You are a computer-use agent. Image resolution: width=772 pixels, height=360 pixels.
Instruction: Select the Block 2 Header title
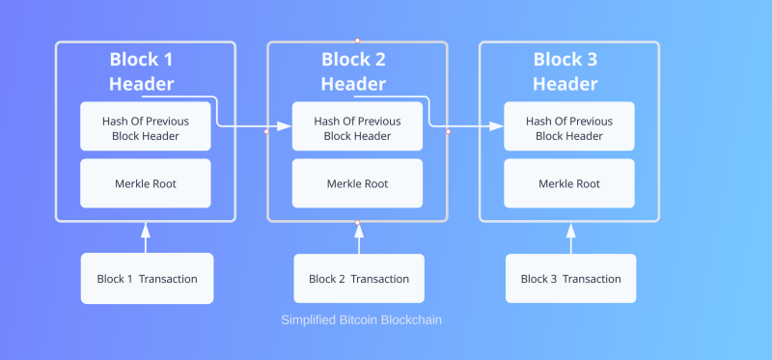click(353, 71)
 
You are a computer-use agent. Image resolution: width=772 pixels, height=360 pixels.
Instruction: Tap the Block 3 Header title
click(565, 71)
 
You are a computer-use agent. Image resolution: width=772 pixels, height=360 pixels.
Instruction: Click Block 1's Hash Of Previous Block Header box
click(145, 128)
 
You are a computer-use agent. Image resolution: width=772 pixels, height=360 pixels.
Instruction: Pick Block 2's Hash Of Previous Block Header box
click(357, 128)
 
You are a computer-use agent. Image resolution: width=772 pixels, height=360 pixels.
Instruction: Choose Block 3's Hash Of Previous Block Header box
click(569, 128)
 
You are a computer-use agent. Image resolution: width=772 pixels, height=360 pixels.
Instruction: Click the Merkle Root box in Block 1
click(145, 183)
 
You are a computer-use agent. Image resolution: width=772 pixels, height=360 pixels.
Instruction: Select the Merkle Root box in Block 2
click(357, 183)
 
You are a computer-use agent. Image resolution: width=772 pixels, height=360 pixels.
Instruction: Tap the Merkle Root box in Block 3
click(569, 183)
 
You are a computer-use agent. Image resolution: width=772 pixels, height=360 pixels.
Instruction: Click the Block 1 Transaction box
click(147, 279)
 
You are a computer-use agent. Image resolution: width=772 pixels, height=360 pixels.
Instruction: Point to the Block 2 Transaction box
click(359, 279)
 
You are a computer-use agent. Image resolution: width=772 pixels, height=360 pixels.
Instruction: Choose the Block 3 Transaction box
click(570, 279)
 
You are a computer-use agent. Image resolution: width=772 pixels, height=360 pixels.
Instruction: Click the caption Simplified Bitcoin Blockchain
click(361, 319)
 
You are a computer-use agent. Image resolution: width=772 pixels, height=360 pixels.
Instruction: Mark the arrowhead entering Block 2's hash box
click(286, 126)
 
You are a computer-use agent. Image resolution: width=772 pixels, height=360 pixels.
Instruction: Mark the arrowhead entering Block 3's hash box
click(498, 126)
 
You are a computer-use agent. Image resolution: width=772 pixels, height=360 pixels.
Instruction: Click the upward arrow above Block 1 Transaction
click(147, 237)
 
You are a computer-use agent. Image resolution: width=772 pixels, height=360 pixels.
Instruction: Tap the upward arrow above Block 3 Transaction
click(570, 237)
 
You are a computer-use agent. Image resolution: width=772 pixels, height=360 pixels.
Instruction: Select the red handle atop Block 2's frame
click(357, 41)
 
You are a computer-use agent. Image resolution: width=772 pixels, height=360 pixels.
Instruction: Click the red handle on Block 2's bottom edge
click(357, 223)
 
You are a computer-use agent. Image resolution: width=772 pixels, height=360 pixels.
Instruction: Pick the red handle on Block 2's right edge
click(448, 131)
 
